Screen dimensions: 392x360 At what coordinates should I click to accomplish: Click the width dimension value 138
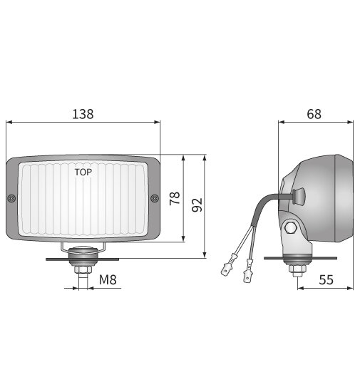tap(83, 113)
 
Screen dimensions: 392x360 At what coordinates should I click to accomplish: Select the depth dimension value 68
tap(314, 113)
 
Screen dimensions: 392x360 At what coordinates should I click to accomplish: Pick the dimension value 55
tap(326, 280)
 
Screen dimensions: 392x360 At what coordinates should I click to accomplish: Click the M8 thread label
tap(108, 280)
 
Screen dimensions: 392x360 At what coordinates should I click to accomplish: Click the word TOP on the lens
tap(83, 172)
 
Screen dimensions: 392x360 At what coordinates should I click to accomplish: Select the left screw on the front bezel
tap(11, 198)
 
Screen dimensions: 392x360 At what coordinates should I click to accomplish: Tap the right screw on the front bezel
tap(155, 198)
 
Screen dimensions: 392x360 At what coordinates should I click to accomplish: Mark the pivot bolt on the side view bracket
tap(291, 228)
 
